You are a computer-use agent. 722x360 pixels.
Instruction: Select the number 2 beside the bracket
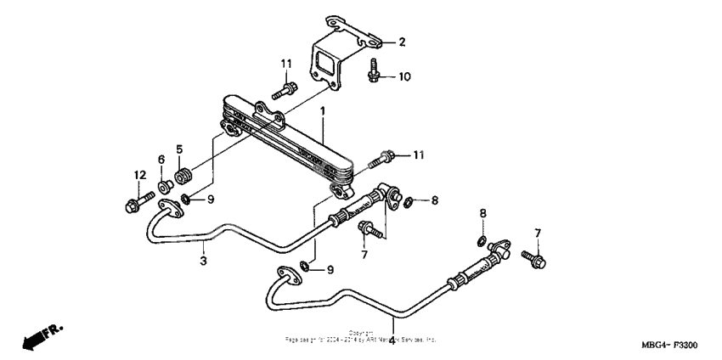[403, 42]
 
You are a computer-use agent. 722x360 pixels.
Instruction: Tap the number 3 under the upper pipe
[204, 261]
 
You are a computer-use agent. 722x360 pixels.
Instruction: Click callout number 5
[179, 150]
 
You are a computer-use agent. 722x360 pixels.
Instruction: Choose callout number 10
[404, 77]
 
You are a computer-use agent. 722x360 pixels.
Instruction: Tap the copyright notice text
[361, 336]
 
